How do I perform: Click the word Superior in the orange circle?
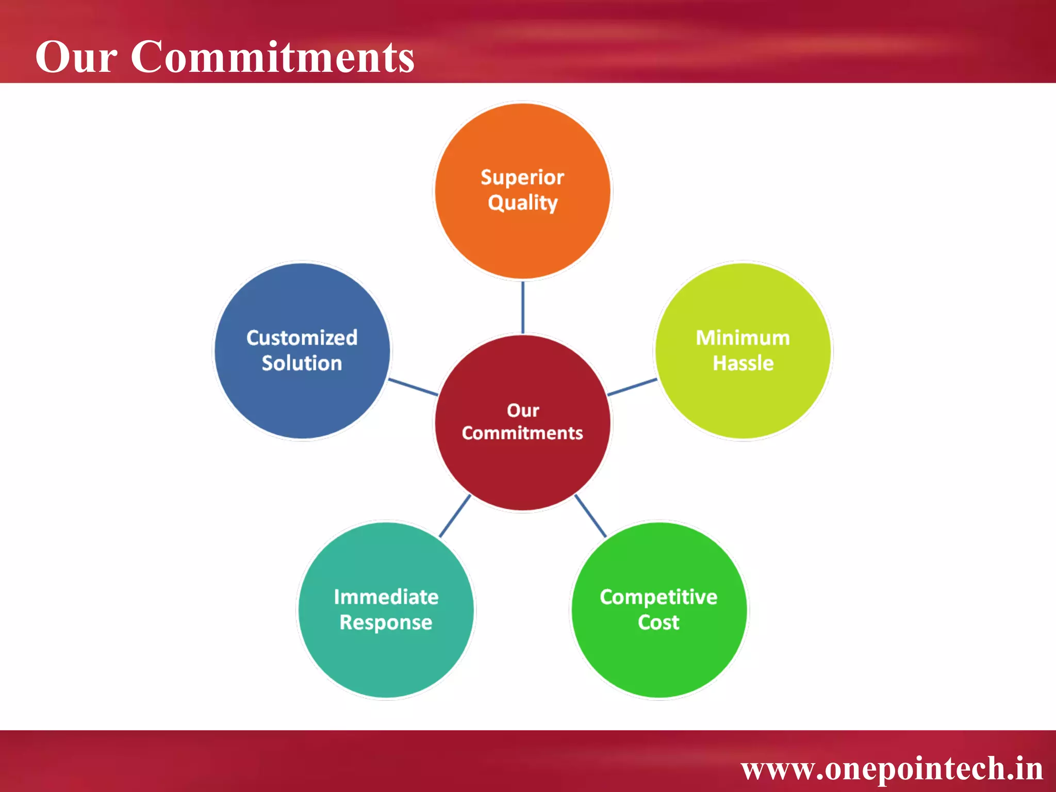[x=522, y=177]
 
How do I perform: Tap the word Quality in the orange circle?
[x=522, y=203]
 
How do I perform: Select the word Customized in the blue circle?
[x=302, y=338]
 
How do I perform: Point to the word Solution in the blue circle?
[x=302, y=363]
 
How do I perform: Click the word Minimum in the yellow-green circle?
[x=742, y=338]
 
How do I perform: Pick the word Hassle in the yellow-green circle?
[x=742, y=363]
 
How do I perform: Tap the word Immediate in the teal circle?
[x=386, y=597]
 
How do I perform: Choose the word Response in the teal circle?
[x=386, y=622]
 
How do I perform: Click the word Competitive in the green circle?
[x=658, y=597]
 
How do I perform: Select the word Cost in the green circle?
[x=658, y=622]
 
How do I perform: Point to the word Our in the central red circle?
[x=523, y=410]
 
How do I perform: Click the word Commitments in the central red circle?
[x=522, y=433]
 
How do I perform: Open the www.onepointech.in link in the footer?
[x=892, y=768]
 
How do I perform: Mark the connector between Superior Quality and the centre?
[x=523, y=307]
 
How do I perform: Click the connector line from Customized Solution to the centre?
[x=413, y=387]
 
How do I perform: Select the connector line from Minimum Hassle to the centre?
[x=632, y=387]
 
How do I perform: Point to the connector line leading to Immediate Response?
[x=455, y=516]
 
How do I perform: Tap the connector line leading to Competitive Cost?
[x=590, y=516]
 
